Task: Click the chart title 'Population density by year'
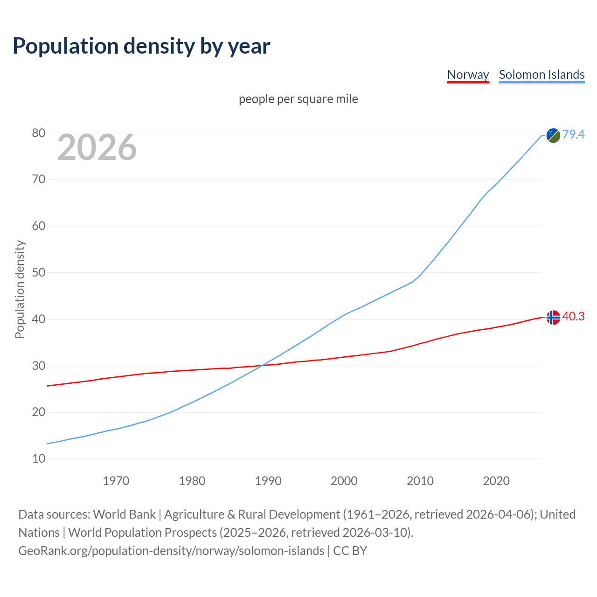(x=141, y=46)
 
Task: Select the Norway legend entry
(x=468, y=75)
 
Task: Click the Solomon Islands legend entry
(x=541, y=75)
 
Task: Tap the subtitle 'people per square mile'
(x=298, y=99)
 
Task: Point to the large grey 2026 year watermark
(x=97, y=147)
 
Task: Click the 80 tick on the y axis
(x=39, y=133)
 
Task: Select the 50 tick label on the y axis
(x=39, y=273)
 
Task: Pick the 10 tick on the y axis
(x=39, y=459)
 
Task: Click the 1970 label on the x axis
(x=116, y=481)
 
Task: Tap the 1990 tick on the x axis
(x=268, y=481)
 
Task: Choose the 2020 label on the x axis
(x=496, y=481)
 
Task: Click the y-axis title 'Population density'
(x=20, y=289)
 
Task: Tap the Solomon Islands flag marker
(x=553, y=135)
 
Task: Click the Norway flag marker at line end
(x=553, y=317)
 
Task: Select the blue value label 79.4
(x=573, y=135)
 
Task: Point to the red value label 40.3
(x=573, y=317)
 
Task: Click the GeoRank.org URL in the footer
(x=171, y=551)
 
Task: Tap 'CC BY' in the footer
(x=350, y=551)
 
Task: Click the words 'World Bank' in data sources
(x=124, y=514)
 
